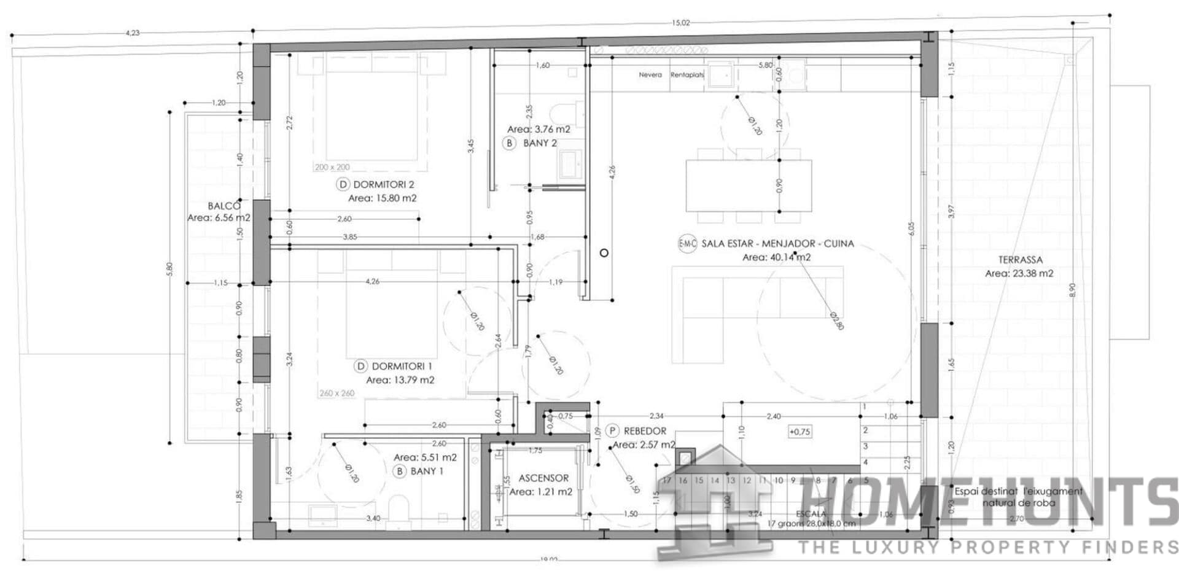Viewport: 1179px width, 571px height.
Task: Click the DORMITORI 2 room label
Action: point(383,184)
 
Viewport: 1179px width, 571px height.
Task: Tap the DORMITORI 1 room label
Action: point(402,367)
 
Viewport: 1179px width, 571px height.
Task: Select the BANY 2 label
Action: point(540,143)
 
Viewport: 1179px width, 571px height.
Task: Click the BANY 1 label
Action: point(427,471)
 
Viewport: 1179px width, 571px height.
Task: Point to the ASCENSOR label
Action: point(543,478)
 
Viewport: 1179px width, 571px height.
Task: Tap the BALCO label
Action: point(224,206)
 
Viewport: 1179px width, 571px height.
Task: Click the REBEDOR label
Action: point(645,431)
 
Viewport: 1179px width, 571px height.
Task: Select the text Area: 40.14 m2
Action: point(776,257)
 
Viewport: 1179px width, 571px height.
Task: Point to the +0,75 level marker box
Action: point(800,432)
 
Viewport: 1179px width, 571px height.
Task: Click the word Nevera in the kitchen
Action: point(650,75)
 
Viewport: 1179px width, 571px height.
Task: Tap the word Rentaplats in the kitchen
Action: point(687,75)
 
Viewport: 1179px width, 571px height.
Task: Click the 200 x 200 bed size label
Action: point(332,167)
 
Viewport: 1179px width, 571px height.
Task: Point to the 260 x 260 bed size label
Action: point(337,393)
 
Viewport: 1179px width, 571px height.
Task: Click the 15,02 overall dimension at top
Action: point(680,23)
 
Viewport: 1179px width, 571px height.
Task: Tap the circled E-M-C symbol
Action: point(687,244)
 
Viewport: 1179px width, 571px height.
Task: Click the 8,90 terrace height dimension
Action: point(1073,289)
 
